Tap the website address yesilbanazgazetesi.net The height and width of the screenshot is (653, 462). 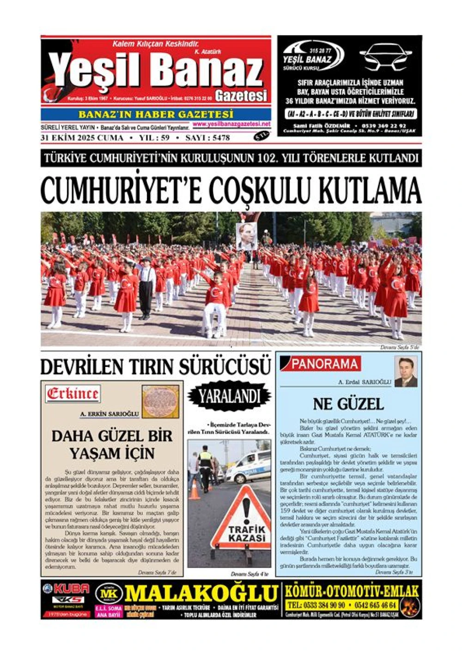pyautogui.click(x=231, y=124)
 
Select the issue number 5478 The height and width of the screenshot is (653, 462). pyautogui.click(x=219, y=138)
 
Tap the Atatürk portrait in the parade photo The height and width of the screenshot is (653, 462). pyautogui.click(x=246, y=236)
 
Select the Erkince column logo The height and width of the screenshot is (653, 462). pyautogui.click(x=73, y=394)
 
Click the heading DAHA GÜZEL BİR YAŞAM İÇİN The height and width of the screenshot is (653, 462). pyautogui.click(x=112, y=444)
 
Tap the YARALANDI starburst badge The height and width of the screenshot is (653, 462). pyautogui.click(x=229, y=396)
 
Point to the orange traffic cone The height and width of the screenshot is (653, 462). pyautogui.click(x=195, y=490)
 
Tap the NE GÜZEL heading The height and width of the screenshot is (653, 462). pyautogui.click(x=348, y=404)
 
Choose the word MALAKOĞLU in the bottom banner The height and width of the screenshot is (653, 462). pyautogui.click(x=201, y=593)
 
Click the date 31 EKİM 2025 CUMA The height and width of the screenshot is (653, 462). pyautogui.click(x=82, y=138)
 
